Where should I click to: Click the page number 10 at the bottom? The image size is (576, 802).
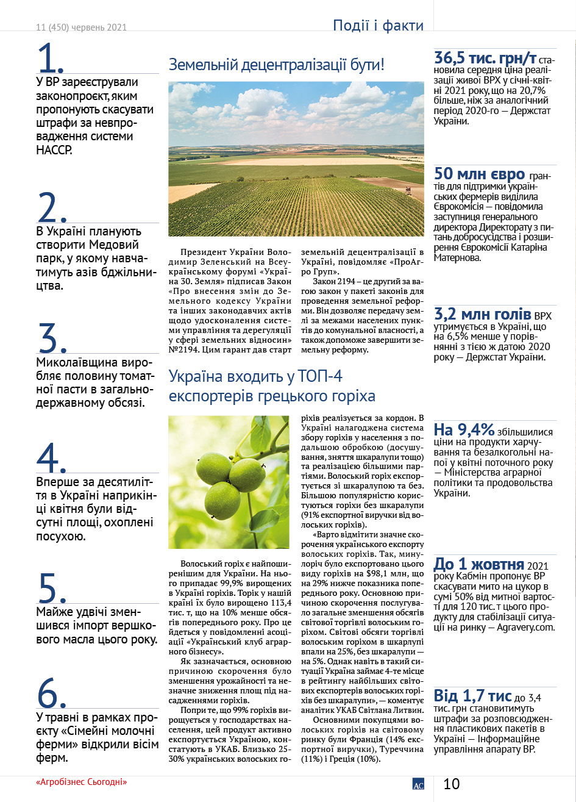pos(452,784)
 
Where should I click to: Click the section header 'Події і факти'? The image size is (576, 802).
pos(378,26)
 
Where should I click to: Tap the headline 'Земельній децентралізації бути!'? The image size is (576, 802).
pos(276,65)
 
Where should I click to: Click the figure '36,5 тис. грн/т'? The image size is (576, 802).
pos(485,59)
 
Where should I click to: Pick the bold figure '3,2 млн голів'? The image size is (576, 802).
pos(482,315)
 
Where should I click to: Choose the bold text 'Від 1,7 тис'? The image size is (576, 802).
pos(472,695)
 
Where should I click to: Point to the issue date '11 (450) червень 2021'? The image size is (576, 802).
pos(81,27)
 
